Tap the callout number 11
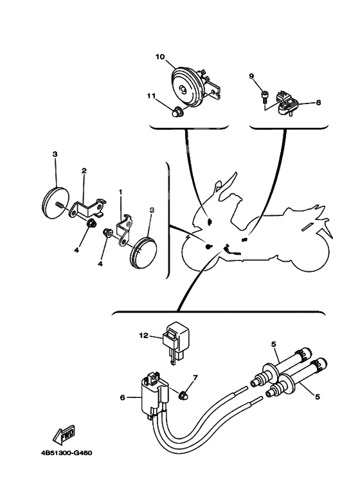[x=151, y=95]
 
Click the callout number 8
[x=318, y=102]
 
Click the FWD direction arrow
[x=63, y=433]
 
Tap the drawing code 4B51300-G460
[x=66, y=453]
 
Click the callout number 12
[x=143, y=335]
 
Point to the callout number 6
[x=123, y=397]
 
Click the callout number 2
[x=84, y=171]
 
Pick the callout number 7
[x=195, y=378]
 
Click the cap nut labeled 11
[x=175, y=113]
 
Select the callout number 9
[x=251, y=76]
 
